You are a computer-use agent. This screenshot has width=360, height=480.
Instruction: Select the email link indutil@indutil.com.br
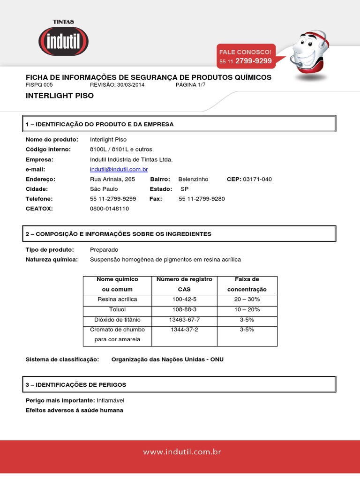click(119, 169)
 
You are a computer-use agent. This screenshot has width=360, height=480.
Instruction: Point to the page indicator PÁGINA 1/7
click(190, 85)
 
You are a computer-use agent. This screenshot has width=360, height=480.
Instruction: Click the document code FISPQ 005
click(39, 85)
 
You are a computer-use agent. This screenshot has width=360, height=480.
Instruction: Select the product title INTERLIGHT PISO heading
click(60, 96)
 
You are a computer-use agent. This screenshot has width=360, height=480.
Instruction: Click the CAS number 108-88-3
click(184, 309)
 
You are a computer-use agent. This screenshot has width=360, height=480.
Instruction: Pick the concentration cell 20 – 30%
click(247, 299)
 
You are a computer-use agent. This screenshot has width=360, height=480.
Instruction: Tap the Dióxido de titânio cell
click(117, 320)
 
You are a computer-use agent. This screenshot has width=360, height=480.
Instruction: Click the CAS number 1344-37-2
click(184, 330)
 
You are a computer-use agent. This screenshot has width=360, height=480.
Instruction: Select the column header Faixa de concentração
click(247, 284)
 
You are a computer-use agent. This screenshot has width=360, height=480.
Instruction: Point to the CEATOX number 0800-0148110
click(109, 209)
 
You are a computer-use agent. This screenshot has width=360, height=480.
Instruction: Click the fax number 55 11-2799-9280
click(202, 199)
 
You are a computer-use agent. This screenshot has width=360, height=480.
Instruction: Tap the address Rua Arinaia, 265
click(112, 179)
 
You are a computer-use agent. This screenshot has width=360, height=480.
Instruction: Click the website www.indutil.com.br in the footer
click(182, 452)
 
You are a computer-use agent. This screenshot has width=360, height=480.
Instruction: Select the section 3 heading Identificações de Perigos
click(76, 384)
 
